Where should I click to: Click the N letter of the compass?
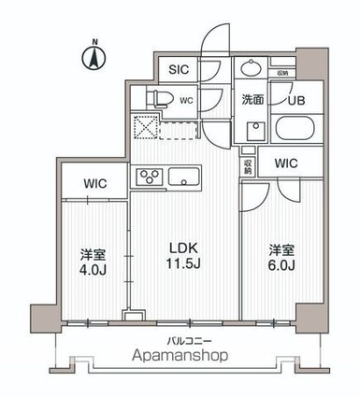click(94, 42)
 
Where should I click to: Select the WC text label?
click(186, 100)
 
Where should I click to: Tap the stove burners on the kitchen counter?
click(149, 176)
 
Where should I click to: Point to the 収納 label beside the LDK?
click(248, 165)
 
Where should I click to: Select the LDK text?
click(183, 253)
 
